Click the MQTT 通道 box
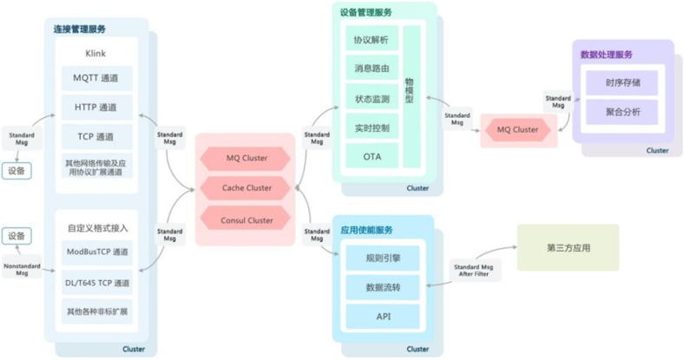coord(96,79)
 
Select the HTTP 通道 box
coord(96,108)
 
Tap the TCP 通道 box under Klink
coord(96,136)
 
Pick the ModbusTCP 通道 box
coord(96,252)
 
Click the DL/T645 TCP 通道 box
coord(96,283)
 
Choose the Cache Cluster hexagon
coord(246,187)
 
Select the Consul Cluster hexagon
coord(246,219)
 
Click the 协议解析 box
coord(372,40)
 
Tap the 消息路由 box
coord(372,69)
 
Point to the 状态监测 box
coord(372,98)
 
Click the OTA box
coord(372,156)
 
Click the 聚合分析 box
coord(620,112)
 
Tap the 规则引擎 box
coord(383,257)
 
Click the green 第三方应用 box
coord(568,247)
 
